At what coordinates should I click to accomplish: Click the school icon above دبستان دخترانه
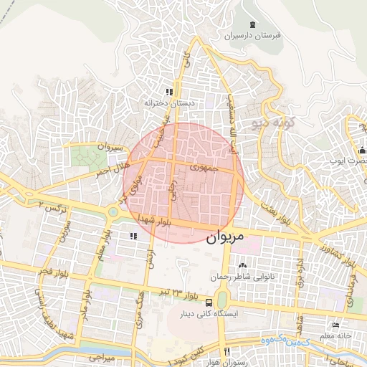tap(169, 92)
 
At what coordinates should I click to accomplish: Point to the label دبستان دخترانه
tap(169, 103)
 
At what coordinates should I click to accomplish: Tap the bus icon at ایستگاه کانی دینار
tap(208, 302)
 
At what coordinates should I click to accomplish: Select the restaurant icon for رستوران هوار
tap(227, 351)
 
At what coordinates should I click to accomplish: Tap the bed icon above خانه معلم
tap(336, 326)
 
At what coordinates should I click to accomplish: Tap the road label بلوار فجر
tap(33, 278)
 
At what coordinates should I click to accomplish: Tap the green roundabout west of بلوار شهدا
tap(113, 212)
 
